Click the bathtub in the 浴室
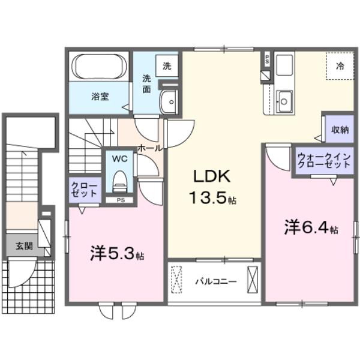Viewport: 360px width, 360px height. point(98,67)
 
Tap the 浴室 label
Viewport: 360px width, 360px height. point(100,96)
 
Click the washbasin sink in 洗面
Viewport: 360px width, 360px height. point(169,102)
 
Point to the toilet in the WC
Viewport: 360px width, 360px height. point(121,179)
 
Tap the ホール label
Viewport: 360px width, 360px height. point(149,146)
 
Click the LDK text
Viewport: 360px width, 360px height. point(208,178)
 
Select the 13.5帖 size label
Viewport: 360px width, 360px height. point(212,199)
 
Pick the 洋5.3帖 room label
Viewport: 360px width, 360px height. point(117,254)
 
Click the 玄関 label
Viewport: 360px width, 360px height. point(24,245)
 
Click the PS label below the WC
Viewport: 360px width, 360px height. point(121,200)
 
